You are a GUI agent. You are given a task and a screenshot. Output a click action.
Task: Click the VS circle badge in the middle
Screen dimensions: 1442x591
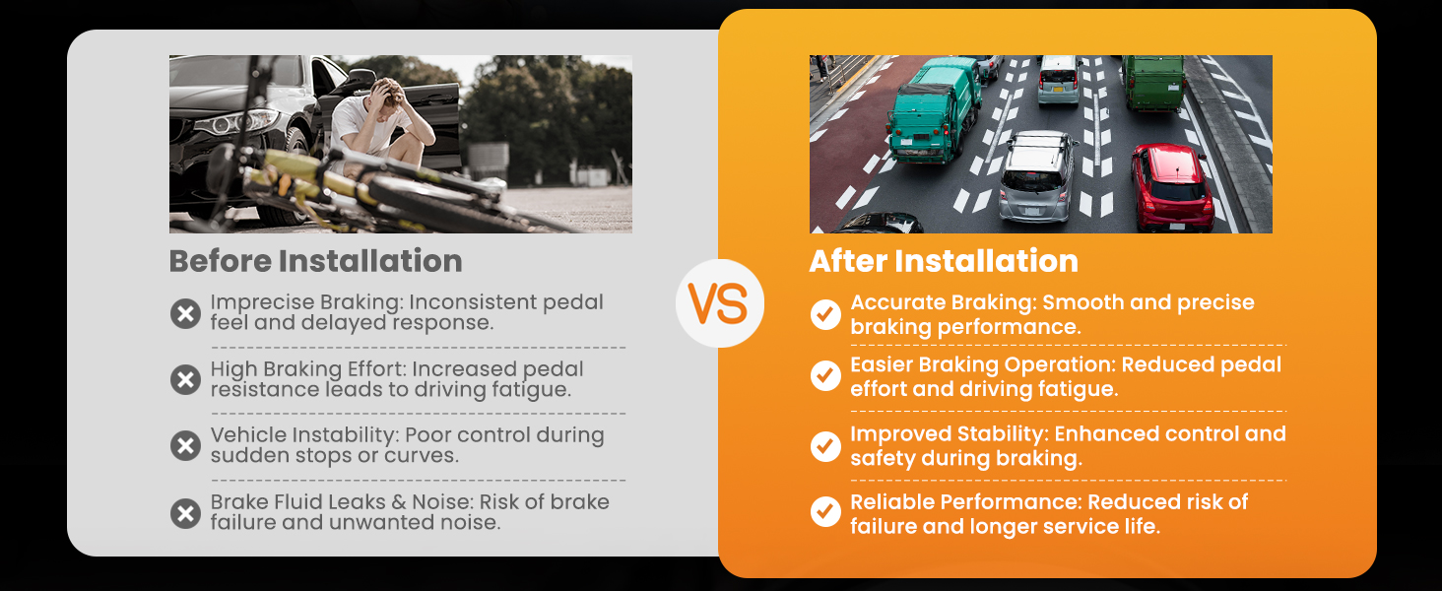click(720, 303)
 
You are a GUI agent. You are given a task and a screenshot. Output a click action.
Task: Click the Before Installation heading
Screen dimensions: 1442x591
click(315, 261)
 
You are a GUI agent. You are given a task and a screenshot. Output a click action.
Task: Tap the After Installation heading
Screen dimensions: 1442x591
click(944, 261)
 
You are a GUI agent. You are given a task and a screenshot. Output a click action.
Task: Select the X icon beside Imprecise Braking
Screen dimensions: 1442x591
click(185, 313)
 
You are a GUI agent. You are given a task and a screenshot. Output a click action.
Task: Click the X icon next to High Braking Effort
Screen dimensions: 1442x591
click(185, 380)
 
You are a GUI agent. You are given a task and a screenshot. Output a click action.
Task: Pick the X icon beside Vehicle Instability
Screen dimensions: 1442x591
click(185, 445)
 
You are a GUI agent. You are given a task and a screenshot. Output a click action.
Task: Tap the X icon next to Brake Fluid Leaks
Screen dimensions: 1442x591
click(185, 513)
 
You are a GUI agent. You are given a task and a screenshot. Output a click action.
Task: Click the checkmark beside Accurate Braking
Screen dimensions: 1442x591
click(825, 314)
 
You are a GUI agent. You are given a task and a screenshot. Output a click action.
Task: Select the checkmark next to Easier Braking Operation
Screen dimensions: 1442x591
click(825, 375)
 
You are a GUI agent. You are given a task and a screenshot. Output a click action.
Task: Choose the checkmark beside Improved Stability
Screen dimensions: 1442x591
click(825, 446)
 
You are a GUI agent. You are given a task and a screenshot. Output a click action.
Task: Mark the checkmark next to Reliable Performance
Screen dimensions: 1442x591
click(825, 512)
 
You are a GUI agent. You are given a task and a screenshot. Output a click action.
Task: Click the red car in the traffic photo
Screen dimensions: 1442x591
click(1172, 187)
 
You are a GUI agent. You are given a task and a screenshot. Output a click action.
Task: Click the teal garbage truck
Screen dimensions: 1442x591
click(934, 109)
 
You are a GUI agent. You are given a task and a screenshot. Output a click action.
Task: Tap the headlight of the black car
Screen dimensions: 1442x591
click(237, 121)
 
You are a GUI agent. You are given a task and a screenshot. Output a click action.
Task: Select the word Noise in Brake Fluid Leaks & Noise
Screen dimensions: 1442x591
click(442, 501)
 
